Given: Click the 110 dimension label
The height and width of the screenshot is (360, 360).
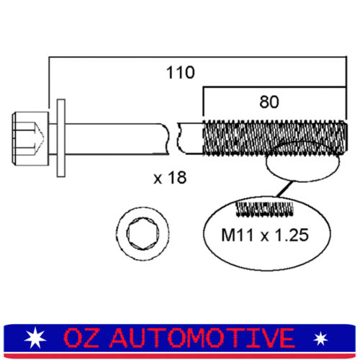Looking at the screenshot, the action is pyautogui.click(x=181, y=72).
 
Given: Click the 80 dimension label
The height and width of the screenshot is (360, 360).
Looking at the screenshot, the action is pyautogui.click(x=269, y=102).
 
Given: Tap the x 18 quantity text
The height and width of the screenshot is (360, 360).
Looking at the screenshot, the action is pyautogui.click(x=170, y=178).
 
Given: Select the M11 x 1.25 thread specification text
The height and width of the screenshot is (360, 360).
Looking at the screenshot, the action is pyautogui.click(x=265, y=235).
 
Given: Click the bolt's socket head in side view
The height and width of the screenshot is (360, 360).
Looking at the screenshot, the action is pyautogui.click(x=30, y=138).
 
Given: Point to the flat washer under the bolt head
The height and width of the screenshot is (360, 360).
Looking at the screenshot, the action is pyautogui.click(x=61, y=138).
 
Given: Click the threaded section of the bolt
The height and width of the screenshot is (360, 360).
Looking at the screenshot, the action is pyautogui.click(x=275, y=138).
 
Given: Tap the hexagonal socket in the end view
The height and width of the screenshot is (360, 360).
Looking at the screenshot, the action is pyautogui.click(x=143, y=233).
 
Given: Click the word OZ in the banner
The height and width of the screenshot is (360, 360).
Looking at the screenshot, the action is pyautogui.click(x=81, y=338).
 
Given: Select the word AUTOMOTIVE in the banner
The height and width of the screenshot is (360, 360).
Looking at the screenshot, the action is pyautogui.click(x=202, y=338).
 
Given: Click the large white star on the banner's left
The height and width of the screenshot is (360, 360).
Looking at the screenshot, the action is pyautogui.click(x=35, y=338).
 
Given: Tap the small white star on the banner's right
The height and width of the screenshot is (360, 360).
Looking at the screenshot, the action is pyautogui.click(x=320, y=338).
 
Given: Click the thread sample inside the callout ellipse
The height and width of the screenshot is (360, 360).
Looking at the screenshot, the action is pyautogui.click(x=265, y=209).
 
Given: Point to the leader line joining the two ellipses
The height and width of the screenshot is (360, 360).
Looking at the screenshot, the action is pyautogui.click(x=285, y=189).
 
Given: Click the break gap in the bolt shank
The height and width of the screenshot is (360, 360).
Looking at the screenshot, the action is pyautogui.click(x=174, y=138).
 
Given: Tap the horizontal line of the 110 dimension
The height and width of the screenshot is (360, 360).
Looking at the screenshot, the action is pyautogui.click(x=197, y=57).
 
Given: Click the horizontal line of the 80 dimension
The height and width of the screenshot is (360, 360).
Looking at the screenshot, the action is pyautogui.click(x=274, y=87).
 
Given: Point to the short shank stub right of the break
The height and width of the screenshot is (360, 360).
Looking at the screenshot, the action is pyautogui.click(x=191, y=138).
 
